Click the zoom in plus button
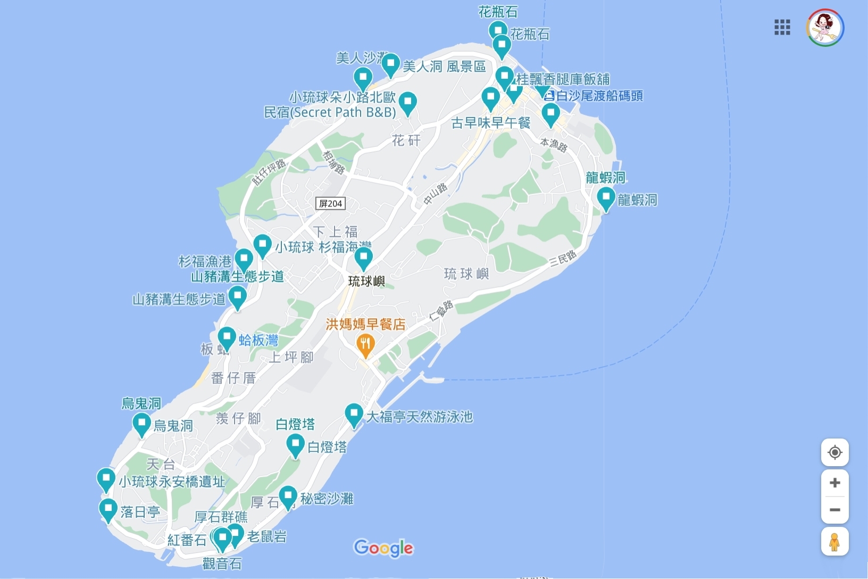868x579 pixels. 834,483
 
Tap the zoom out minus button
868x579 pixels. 834,510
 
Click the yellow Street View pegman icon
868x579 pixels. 834,542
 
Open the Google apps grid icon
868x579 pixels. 782,27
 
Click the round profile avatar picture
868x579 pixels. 825,28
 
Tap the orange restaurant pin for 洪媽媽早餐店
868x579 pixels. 365,344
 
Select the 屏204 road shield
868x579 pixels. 330,203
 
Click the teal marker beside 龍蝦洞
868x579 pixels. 606,198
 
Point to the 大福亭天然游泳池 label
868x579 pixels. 419,417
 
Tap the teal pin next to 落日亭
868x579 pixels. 108,510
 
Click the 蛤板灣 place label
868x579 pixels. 258,340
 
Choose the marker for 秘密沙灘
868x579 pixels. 288,497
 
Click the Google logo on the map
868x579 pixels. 383,548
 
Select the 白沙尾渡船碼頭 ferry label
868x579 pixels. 599,96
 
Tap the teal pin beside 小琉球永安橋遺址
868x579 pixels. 106,479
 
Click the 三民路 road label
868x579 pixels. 563,258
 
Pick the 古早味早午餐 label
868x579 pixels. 490,123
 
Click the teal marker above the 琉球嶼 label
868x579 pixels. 363,259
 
